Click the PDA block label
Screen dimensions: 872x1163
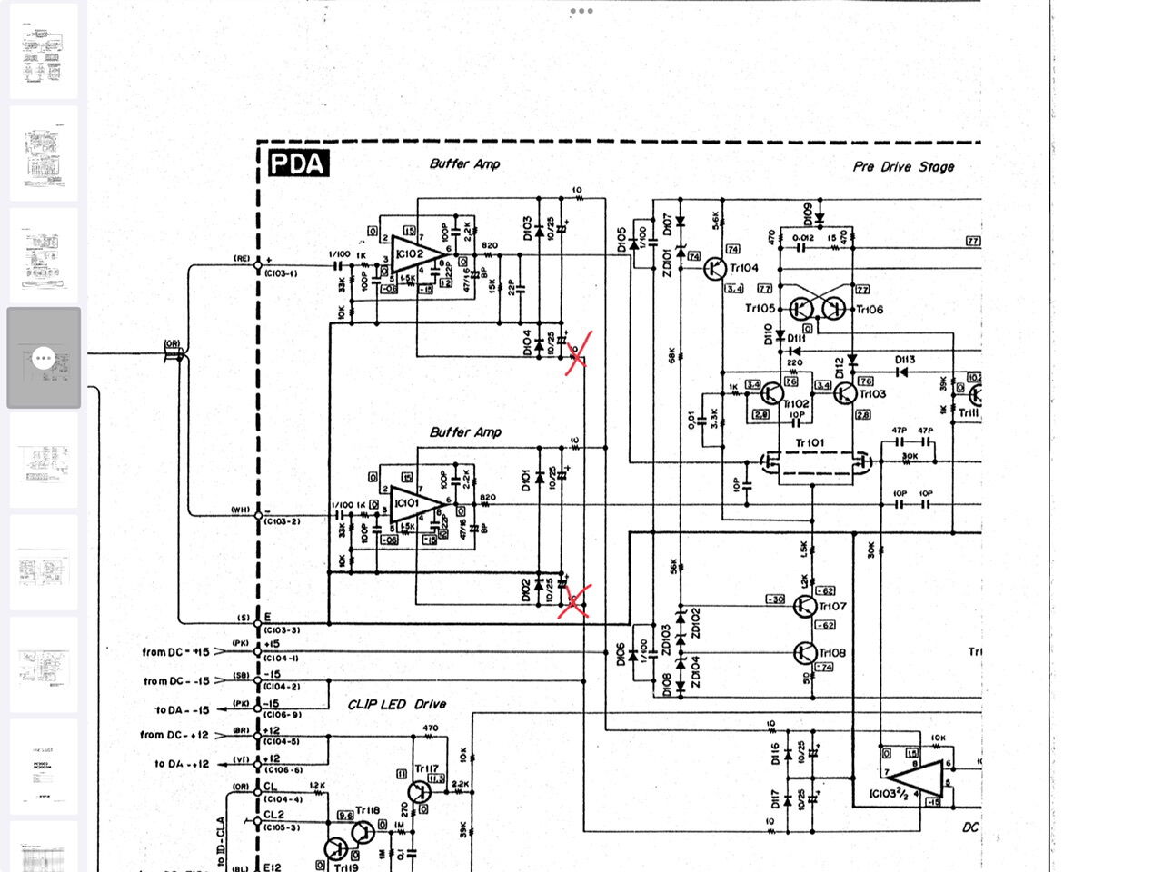coord(298,163)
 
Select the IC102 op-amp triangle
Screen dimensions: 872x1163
coord(413,254)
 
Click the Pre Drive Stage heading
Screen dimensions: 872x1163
coord(903,167)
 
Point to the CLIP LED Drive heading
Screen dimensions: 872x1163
coord(397,704)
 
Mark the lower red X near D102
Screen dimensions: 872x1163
coord(573,600)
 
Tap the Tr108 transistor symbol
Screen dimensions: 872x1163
coord(805,652)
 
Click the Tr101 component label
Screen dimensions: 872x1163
coord(810,443)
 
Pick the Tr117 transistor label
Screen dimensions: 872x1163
coord(426,769)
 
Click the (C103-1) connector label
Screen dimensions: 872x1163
coord(281,273)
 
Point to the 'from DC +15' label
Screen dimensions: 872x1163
coord(175,652)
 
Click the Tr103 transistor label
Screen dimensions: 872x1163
coord(872,394)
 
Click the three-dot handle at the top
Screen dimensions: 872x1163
coord(581,11)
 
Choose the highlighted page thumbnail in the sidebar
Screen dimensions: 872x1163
coord(44,358)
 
